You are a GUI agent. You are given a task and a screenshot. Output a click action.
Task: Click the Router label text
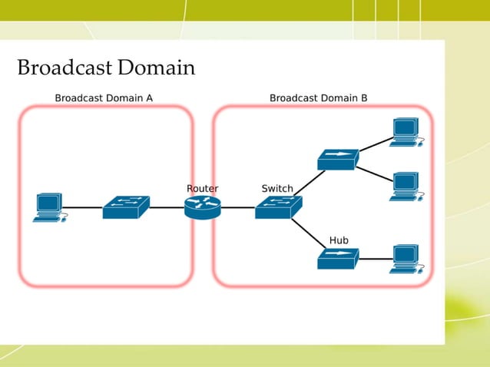[202, 188]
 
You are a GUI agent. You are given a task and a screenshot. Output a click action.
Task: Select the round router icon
[202, 207]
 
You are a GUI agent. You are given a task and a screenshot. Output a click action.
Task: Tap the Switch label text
[276, 188]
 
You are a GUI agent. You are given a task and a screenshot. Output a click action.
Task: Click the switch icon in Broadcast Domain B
[278, 207]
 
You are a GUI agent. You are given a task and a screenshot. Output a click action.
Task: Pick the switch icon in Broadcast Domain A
[126, 207]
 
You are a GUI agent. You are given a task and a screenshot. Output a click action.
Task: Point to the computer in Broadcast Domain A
[49, 207]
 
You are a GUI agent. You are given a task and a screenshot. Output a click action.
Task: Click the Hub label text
[339, 240]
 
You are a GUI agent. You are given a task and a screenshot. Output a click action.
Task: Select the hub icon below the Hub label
[338, 259]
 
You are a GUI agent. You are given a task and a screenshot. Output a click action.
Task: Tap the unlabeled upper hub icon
[338, 159]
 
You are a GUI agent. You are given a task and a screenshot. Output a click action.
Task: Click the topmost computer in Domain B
[404, 132]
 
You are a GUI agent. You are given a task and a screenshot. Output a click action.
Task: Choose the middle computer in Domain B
[404, 186]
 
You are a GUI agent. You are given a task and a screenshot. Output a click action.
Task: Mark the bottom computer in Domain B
[404, 260]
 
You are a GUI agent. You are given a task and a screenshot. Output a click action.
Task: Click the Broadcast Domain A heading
[104, 98]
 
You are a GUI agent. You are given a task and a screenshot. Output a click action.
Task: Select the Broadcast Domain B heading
[318, 98]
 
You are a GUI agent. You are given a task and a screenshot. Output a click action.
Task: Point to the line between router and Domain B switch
[238, 207]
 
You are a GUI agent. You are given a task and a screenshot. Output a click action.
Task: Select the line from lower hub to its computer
[374, 260]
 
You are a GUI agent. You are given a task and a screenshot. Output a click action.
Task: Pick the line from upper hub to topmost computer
[374, 147]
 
